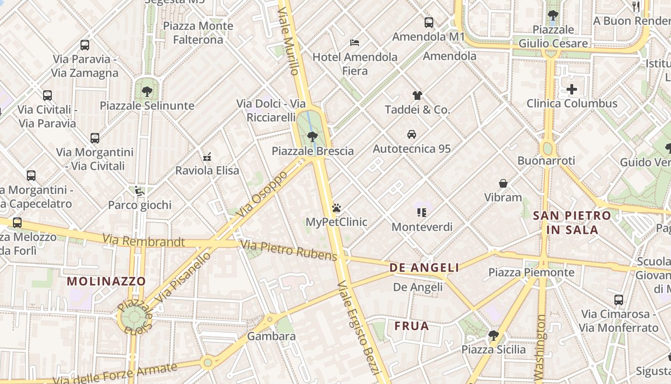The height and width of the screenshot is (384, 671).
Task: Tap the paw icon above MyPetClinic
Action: (336, 208)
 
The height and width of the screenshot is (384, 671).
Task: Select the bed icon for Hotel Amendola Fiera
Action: (355, 43)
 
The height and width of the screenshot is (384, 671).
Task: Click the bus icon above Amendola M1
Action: (429, 23)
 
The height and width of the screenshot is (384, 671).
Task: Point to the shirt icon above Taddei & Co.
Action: (417, 96)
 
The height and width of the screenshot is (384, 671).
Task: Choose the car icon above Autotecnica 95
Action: (412, 134)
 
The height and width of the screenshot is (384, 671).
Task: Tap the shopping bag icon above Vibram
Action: (503, 183)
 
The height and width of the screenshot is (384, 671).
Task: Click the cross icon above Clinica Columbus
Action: (572, 89)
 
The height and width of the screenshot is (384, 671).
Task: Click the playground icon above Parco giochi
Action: (139, 191)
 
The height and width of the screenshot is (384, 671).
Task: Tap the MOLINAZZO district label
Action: (106, 281)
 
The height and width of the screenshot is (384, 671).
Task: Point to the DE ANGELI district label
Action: (424, 268)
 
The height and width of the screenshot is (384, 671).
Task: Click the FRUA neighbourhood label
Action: (412, 326)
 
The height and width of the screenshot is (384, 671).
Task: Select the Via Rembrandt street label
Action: (143, 240)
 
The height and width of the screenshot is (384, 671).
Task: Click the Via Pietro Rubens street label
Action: (289, 251)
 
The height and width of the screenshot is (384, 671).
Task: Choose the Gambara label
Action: (271, 336)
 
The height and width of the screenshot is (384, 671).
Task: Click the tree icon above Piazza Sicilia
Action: (494, 335)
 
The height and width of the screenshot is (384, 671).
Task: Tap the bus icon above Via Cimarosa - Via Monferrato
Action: (619, 300)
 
